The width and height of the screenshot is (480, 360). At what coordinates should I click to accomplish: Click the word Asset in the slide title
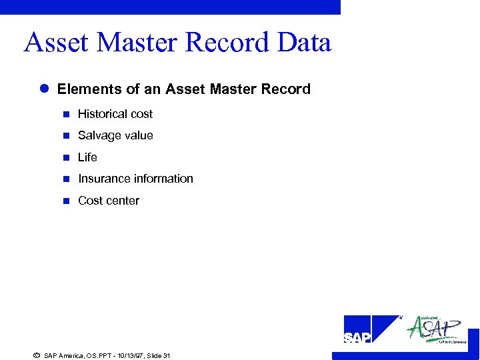click(x=57, y=43)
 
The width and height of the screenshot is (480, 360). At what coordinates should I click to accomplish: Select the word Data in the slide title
click(x=304, y=43)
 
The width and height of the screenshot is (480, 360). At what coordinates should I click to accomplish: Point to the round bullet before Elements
click(x=44, y=89)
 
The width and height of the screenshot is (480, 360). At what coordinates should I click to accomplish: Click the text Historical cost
click(x=115, y=114)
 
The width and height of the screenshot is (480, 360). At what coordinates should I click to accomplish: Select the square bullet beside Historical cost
click(x=66, y=115)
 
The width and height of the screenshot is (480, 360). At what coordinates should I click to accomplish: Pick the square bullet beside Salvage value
click(x=66, y=136)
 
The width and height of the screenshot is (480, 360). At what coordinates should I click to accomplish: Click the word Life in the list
click(x=87, y=157)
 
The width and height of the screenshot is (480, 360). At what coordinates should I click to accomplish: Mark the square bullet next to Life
click(x=66, y=158)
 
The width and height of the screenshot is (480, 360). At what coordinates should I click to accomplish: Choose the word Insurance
click(x=103, y=179)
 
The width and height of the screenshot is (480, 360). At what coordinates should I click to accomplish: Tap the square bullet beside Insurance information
click(x=66, y=179)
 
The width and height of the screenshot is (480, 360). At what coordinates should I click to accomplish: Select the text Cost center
click(x=109, y=201)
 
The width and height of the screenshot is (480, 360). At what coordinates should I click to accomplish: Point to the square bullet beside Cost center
click(x=66, y=201)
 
